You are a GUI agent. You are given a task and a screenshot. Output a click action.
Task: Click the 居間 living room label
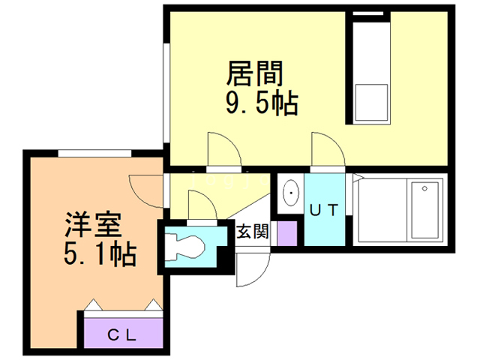(255, 74)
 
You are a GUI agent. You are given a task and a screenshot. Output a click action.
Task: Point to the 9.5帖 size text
(262, 103)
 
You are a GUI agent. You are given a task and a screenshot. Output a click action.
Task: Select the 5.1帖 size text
(99, 255)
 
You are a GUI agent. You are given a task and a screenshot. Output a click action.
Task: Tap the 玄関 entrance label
(252, 232)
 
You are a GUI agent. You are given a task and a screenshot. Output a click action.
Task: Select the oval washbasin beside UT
(290, 194)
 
